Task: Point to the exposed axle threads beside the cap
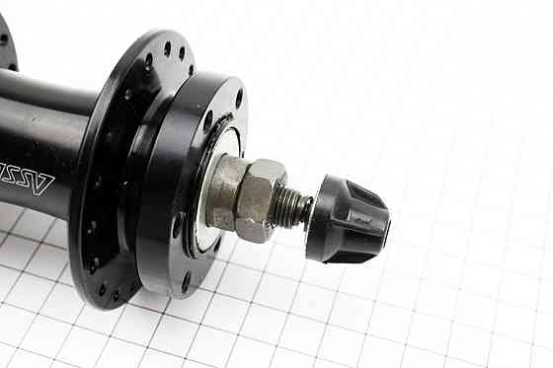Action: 293,207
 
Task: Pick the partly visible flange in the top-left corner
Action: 7,39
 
